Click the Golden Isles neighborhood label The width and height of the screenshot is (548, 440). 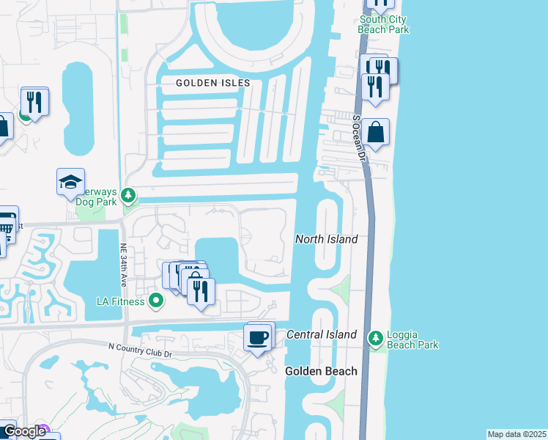(x=212, y=83)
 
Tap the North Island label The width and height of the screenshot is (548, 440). (x=326, y=239)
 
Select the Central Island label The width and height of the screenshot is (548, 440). (x=321, y=334)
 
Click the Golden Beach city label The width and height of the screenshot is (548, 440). (x=321, y=371)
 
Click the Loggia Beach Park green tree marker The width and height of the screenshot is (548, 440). (x=376, y=338)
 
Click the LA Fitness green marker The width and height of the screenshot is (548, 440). (x=155, y=301)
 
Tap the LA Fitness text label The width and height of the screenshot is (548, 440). (x=121, y=301)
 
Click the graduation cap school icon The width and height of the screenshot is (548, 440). (x=70, y=182)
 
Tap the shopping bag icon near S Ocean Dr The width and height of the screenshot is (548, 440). (x=375, y=133)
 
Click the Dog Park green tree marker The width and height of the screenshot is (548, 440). (x=128, y=196)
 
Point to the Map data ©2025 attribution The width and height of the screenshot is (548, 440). (x=516, y=434)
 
